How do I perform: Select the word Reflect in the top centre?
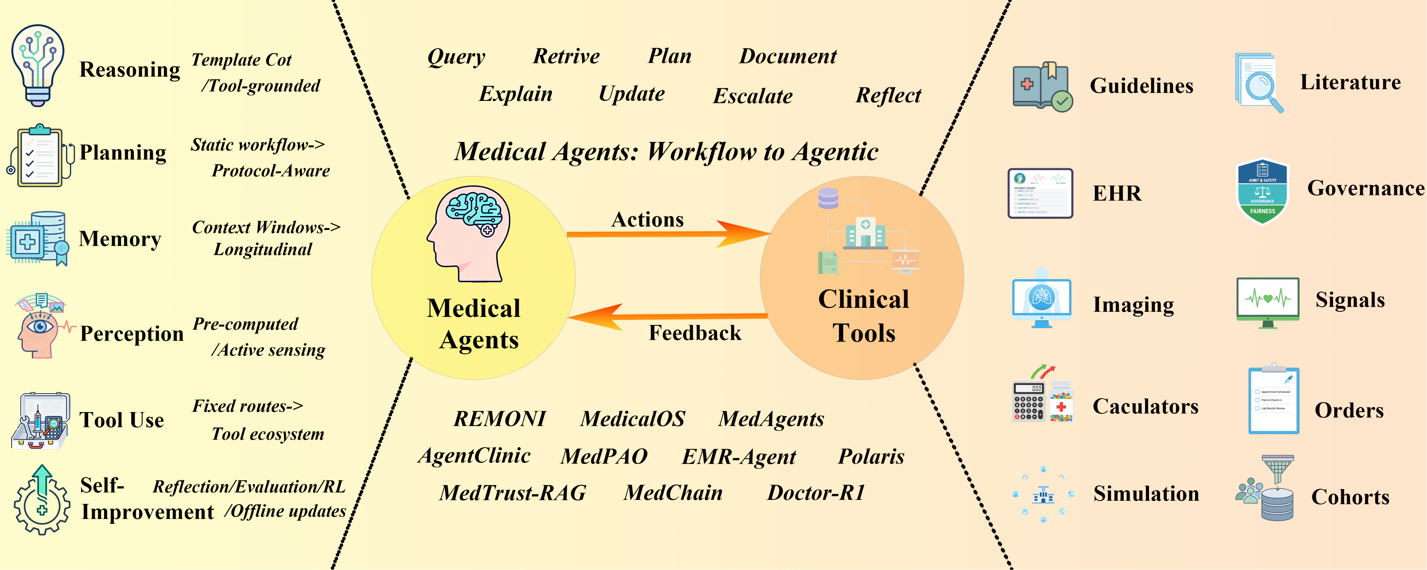888,95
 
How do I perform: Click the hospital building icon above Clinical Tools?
865,232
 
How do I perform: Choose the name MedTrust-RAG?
513,492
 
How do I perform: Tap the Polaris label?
871,456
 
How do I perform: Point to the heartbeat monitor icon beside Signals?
1267,302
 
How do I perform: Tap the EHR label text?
1116,193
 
